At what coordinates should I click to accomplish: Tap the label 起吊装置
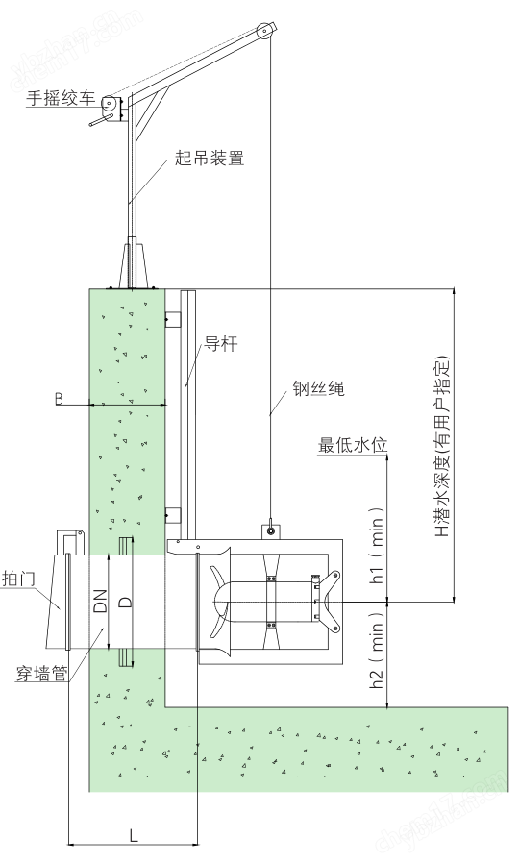click(x=210, y=158)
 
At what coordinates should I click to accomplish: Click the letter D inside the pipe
click(x=124, y=602)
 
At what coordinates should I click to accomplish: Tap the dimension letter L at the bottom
click(x=134, y=836)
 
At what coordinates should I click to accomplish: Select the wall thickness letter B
click(x=59, y=398)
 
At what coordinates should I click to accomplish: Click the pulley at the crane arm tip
click(x=261, y=35)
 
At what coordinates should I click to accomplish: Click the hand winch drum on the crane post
click(x=112, y=105)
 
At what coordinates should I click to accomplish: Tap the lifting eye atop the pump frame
click(x=272, y=528)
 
